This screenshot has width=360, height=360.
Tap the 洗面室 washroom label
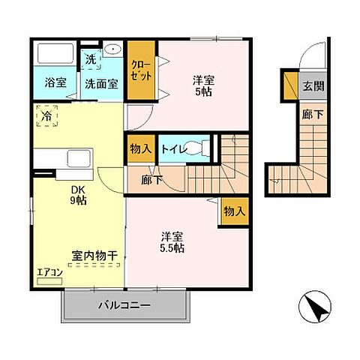coord(100,83)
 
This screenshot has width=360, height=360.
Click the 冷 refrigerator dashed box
coord(46,117)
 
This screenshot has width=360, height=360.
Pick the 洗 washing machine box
coord(91,59)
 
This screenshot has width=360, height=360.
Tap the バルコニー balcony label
coord(125,306)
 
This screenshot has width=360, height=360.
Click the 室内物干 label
coord(94,256)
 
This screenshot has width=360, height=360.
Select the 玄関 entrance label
coord(313,85)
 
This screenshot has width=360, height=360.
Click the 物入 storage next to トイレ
coord(140,148)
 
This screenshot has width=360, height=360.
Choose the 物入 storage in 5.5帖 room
coord(234,211)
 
